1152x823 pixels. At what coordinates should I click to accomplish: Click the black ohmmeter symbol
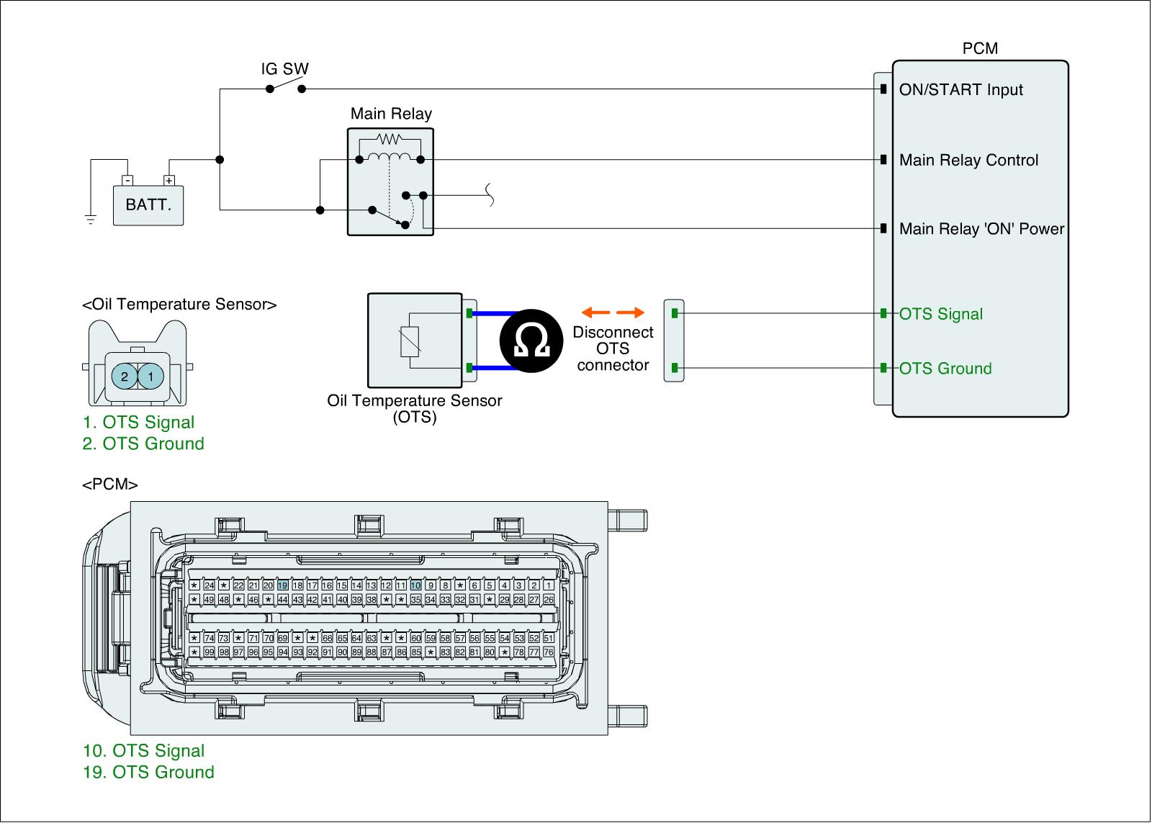(x=532, y=341)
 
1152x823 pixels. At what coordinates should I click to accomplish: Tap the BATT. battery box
(x=148, y=204)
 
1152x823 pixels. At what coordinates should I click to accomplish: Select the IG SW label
(x=284, y=69)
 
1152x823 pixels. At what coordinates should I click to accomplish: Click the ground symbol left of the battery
(x=90, y=219)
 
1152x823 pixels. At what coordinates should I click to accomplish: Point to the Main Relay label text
(x=391, y=114)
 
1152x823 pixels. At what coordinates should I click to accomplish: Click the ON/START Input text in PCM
(x=960, y=90)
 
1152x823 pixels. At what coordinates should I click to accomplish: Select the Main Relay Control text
(x=968, y=160)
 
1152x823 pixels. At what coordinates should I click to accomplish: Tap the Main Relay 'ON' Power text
(x=981, y=229)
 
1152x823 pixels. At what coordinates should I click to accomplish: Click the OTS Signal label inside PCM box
(x=940, y=314)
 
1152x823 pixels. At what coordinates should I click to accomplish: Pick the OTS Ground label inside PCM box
(x=945, y=369)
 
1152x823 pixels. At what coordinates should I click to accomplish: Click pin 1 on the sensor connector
(x=150, y=377)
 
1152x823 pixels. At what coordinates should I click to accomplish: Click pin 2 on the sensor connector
(x=125, y=377)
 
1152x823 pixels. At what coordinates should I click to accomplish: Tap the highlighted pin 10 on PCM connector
(x=415, y=585)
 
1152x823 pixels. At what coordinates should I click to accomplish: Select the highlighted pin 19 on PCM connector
(x=282, y=585)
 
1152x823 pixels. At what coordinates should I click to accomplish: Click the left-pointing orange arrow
(x=595, y=312)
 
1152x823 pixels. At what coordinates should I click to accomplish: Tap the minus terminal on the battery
(x=127, y=180)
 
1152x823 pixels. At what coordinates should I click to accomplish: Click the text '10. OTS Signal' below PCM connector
(x=143, y=751)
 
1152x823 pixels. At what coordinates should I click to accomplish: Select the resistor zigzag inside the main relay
(x=389, y=138)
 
